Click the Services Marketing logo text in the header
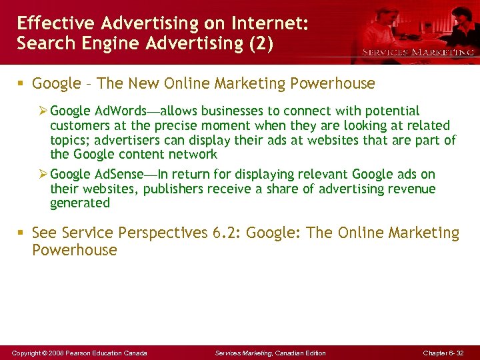tap(417, 51)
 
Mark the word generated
tap(79, 203)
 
